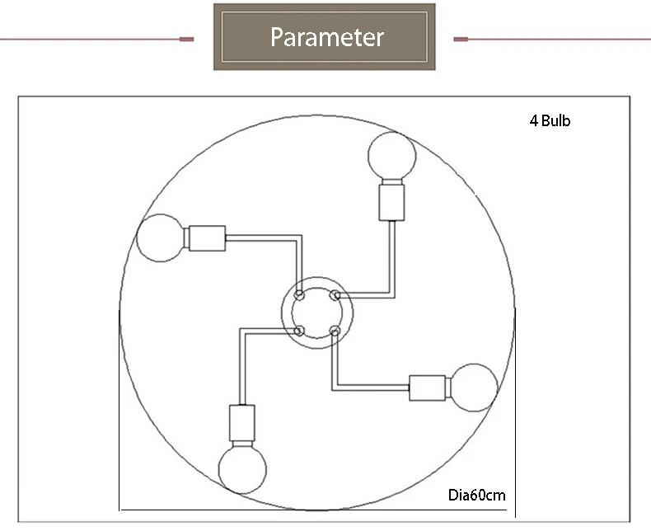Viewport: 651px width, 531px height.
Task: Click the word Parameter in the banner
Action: (x=327, y=37)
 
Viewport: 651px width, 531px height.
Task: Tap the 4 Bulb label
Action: (x=550, y=120)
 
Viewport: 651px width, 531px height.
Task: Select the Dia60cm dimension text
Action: (x=476, y=495)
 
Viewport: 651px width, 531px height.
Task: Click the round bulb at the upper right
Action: (x=392, y=155)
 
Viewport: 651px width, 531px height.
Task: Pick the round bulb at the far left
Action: (x=160, y=238)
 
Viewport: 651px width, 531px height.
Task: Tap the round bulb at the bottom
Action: (x=242, y=470)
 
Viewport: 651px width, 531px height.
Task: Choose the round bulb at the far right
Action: (x=474, y=388)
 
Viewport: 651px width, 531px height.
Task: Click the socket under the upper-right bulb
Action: (x=391, y=203)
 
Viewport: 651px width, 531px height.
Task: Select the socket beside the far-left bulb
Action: (x=207, y=238)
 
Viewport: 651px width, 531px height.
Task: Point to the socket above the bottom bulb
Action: (x=242, y=422)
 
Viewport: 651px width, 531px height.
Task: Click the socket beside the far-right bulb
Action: (x=427, y=388)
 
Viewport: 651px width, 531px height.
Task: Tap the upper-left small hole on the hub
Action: (x=299, y=295)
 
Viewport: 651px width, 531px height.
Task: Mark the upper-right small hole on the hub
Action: (x=335, y=295)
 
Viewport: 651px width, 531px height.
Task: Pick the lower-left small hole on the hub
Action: (x=299, y=331)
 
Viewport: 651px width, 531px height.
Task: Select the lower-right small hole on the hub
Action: (x=335, y=331)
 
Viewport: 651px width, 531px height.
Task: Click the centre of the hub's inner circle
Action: (x=316, y=313)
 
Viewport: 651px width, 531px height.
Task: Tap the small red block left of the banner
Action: (x=186, y=39)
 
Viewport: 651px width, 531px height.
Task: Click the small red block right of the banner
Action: (x=461, y=39)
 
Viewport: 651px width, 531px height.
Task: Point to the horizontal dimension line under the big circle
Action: (x=313, y=510)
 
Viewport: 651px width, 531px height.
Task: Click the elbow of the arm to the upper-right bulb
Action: (x=392, y=295)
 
